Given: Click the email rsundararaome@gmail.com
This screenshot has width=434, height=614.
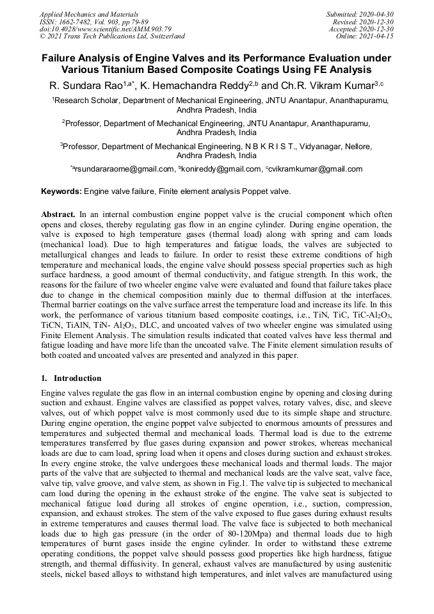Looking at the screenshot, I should pos(124,169).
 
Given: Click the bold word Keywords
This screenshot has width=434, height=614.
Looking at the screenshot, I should pos(61,191).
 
